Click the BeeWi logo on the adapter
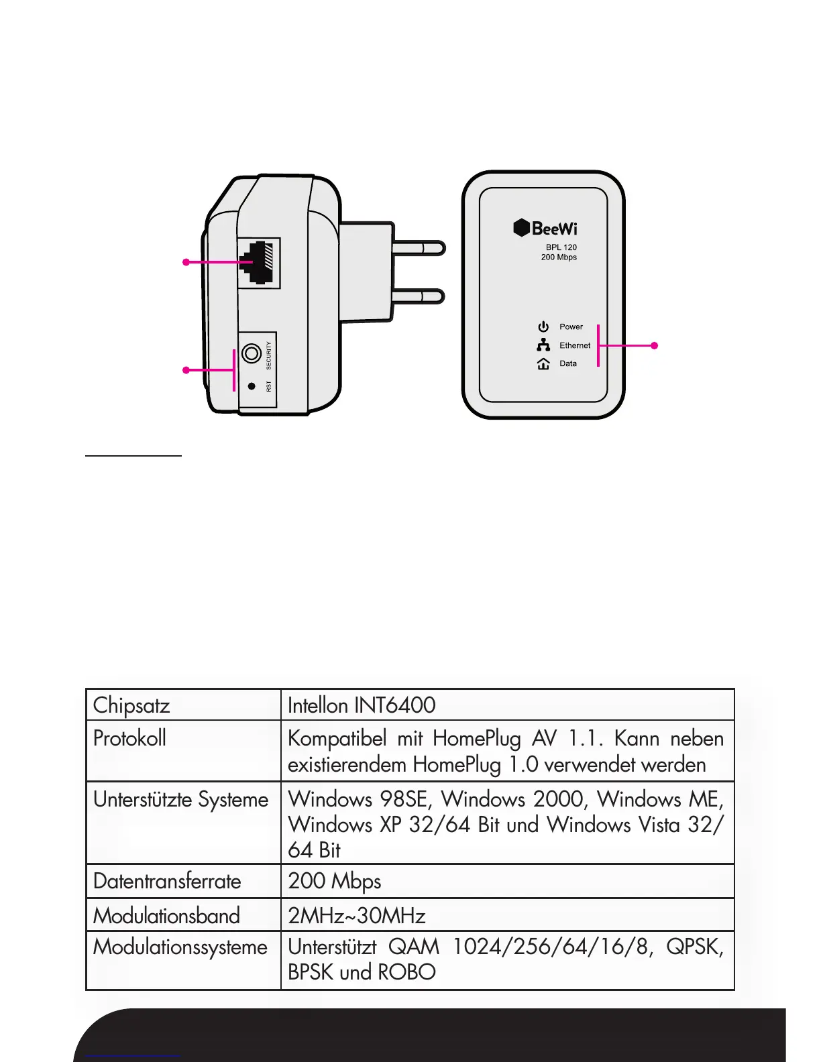pos(545,228)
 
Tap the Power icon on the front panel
pos(543,327)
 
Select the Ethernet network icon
pos(543,345)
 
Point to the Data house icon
pos(543,364)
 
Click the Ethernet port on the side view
pos(258,263)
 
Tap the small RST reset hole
pos(252,386)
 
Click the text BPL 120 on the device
pos(561,247)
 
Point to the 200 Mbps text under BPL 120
pos(559,257)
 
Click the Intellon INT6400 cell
pos(362,705)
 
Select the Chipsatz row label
pos(131,705)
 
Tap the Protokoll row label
pos(129,738)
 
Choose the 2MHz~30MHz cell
pos(356,916)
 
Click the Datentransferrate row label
pos(167,881)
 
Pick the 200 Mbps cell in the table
pos(334,881)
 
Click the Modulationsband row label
pos(166,916)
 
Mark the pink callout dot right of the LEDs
pos(655,345)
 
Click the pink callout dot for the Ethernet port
pos(186,262)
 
